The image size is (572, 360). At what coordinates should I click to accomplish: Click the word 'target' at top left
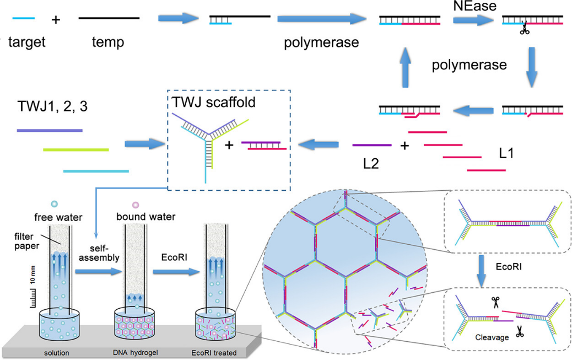pyautogui.click(x=26, y=42)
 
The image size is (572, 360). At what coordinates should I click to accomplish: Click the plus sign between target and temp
pyautogui.click(x=55, y=20)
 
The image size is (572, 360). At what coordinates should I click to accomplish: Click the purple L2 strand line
pyautogui.click(x=371, y=146)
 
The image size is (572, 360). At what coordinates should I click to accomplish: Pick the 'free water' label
pyautogui.click(x=54, y=217)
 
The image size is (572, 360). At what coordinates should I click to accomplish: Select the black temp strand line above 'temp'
pyautogui.click(x=109, y=18)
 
